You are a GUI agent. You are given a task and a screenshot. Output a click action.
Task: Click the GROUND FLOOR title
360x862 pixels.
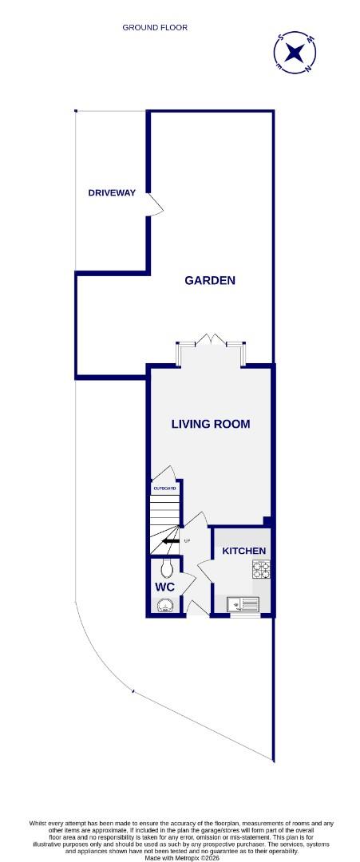155,27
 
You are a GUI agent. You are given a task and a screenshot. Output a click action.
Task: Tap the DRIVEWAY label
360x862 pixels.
112,193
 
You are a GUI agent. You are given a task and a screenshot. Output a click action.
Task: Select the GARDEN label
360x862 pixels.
210,280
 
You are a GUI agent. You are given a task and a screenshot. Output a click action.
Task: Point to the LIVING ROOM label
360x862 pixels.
211,424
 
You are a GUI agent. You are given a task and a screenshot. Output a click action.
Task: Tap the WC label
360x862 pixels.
164,587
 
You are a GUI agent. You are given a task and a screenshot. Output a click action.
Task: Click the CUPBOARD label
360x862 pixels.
164,488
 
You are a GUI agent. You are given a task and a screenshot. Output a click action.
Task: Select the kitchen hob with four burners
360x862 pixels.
262,569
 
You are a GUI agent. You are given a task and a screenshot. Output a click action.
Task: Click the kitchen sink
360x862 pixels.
243,604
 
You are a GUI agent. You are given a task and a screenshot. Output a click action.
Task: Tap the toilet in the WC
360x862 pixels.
166,567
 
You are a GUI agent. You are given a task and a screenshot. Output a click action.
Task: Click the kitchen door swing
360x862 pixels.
204,570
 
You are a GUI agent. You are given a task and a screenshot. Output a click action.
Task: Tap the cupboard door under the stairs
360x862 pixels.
162,473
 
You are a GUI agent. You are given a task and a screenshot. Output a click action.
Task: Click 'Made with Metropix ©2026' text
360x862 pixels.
180,857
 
